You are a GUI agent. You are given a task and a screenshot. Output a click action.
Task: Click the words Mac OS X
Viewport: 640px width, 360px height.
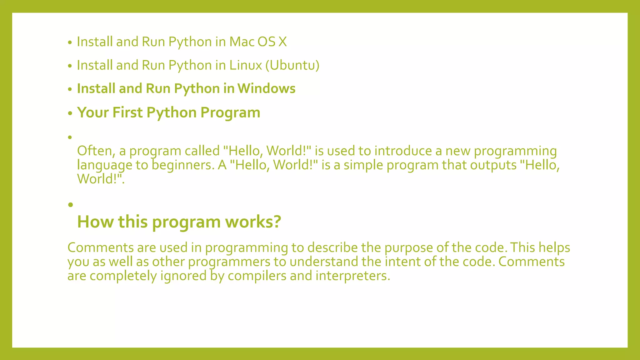click(x=258, y=42)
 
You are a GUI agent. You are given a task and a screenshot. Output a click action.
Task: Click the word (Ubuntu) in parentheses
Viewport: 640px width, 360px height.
click(x=292, y=65)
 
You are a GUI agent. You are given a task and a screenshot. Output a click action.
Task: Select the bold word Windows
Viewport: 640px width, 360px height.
click(x=266, y=88)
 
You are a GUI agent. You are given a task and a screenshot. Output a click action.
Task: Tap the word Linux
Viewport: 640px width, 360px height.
click(x=246, y=65)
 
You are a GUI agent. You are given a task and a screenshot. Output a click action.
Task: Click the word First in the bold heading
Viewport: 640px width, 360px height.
click(x=127, y=112)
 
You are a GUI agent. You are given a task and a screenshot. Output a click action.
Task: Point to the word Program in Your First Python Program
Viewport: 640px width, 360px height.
click(x=230, y=112)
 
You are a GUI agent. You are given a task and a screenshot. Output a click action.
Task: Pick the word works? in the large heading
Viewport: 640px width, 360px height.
click(x=253, y=222)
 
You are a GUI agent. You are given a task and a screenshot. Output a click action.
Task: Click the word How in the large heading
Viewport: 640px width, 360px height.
click(x=95, y=222)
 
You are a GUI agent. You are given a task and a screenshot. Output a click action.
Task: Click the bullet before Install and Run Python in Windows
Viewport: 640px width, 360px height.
click(x=70, y=89)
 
